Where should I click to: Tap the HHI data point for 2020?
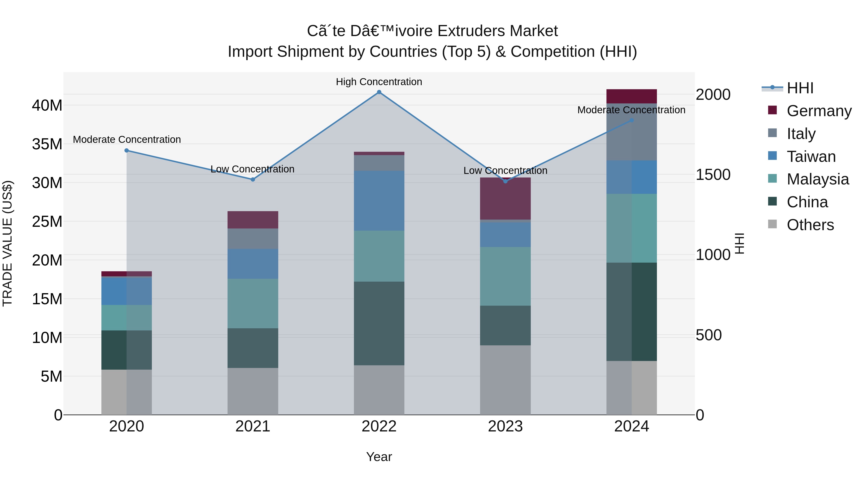tap(127, 151)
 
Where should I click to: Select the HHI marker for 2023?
tap(505, 181)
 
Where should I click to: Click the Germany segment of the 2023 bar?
tap(505, 199)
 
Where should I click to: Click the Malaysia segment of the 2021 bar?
tap(253, 303)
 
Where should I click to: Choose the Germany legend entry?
tap(819, 111)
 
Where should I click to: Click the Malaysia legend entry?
tap(817, 179)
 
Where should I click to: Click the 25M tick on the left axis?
tap(47, 221)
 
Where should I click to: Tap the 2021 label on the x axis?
tap(253, 426)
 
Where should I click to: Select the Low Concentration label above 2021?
tap(252, 169)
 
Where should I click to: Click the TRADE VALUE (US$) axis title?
tap(8, 243)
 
